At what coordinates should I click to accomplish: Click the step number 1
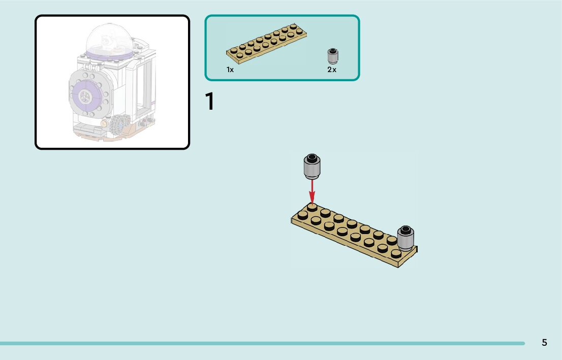coord(209,102)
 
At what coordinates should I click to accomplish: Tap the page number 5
coord(544,343)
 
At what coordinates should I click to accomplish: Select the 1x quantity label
coord(230,70)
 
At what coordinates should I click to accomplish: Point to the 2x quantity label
coord(332,70)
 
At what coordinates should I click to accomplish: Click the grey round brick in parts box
coord(333,56)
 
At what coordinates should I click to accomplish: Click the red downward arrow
coord(312,191)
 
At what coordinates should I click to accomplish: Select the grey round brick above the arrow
coord(312,166)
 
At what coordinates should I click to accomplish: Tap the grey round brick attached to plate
coord(405,238)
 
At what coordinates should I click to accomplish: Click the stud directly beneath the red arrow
coord(312,207)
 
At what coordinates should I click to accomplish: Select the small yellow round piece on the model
coord(104,123)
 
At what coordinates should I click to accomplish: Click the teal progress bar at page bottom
coord(262,343)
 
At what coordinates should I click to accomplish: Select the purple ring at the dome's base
coord(110,53)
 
